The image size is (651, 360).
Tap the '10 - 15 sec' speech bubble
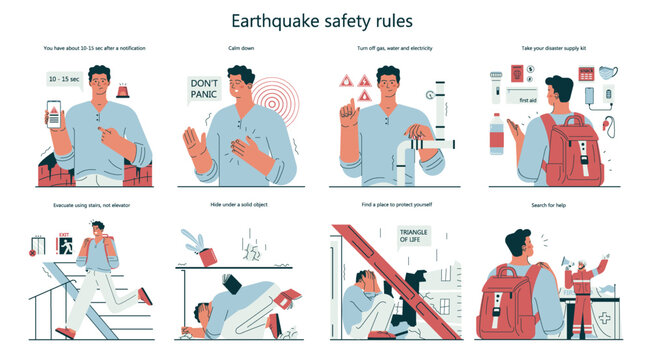click(x=65, y=78)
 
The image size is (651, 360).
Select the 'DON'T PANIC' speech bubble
click(x=204, y=90)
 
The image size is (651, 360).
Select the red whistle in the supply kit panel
click(x=609, y=127)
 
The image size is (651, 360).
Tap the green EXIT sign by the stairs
click(x=62, y=239)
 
